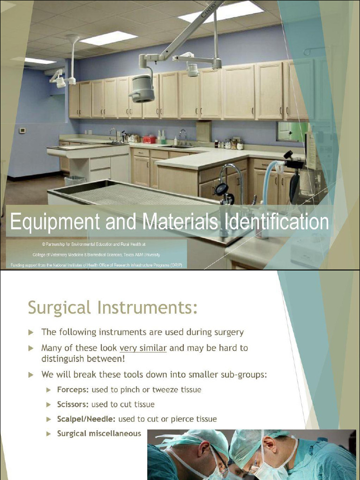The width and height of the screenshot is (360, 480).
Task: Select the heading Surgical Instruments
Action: tap(112, 308)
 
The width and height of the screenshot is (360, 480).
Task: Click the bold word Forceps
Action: tap(73, 390)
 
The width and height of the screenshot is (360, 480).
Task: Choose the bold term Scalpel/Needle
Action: tap(86, 419)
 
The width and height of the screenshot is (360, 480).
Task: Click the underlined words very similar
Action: tap(143, 348)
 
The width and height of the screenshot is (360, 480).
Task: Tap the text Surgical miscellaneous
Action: tap(99, 434)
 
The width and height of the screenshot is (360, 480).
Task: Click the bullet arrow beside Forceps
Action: tap(49, 390)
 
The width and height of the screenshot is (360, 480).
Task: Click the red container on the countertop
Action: tap(149, 139)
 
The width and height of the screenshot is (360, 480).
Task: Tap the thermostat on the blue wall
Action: tap(22, 131)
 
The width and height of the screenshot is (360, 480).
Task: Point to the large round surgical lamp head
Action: tap(142, 89)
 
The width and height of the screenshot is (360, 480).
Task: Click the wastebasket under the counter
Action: tap(75, 180)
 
